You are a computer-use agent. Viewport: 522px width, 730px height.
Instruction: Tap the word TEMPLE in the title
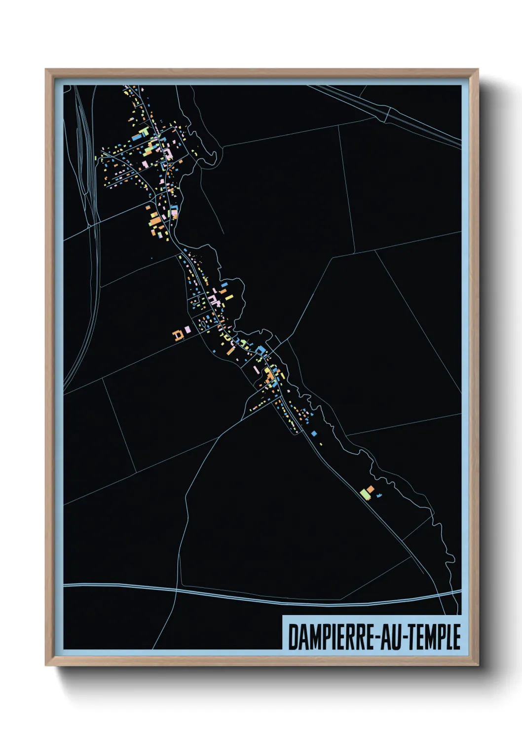pos(436,637)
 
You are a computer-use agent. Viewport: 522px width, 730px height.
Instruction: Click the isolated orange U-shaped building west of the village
pos(178,335)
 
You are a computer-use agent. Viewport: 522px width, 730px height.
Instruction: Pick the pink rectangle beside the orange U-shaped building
pos(187,329)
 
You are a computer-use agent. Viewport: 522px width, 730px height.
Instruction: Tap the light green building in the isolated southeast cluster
pos(365,493)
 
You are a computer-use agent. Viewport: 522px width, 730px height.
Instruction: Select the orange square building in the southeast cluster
pos(370,489)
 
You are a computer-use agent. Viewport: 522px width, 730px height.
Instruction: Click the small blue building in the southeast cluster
pos(379,494)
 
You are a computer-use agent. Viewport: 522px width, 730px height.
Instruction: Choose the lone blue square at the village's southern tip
pos(314,434)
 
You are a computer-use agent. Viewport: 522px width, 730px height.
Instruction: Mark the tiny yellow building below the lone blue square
pos(321,444)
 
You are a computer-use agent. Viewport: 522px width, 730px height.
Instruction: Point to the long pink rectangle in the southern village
pos(256,369)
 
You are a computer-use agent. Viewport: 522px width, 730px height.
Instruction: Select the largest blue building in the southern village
pos(261,351)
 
